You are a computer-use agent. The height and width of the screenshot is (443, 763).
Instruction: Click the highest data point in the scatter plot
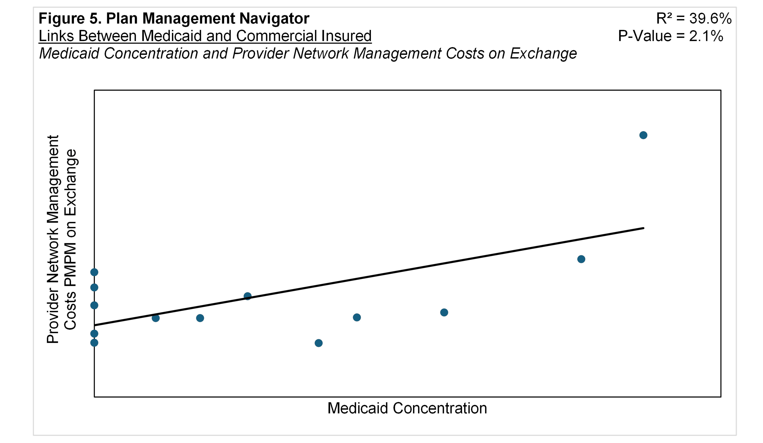click(643, 135)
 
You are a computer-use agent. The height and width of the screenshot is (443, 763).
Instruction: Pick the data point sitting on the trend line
click(247, 296)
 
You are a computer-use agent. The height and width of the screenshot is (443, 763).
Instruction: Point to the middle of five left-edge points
click(94, 305)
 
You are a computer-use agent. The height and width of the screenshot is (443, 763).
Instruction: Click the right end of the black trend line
click(643, 228)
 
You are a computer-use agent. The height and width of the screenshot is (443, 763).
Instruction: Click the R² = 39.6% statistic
click(694, 19)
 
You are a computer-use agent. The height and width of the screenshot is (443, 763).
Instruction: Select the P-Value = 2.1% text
click(670, 36)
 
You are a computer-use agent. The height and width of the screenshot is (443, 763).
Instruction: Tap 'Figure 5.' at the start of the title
click(70, 19)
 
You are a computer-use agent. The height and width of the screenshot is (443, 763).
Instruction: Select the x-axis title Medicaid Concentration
click(407, 408)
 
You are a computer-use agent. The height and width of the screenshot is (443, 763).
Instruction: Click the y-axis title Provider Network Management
click(53, 239)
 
